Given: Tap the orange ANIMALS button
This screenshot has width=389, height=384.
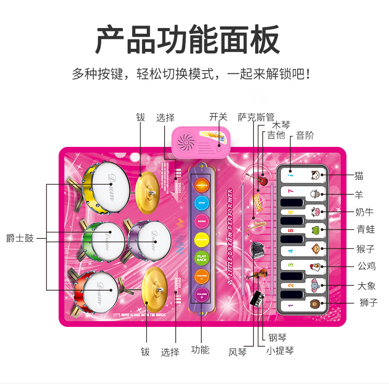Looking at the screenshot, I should (201, 185).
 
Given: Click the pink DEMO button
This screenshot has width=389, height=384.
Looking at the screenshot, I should (201, 221).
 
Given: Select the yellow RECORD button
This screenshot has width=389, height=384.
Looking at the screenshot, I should (201, 239).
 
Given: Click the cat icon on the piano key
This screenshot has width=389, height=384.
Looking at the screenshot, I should (314, 175).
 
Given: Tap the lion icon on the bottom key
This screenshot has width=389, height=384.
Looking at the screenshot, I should (315, 304).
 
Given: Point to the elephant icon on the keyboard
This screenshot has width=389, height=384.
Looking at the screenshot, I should (315, 285).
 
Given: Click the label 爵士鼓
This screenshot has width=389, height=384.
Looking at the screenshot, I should (20, 239).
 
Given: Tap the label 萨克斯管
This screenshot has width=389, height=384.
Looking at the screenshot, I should (256, 117).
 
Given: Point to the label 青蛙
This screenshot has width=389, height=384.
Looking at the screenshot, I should (367, 229).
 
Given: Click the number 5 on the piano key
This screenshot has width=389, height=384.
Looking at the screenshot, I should (291, 230).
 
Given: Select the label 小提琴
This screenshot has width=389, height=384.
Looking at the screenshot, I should (280, 351).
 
